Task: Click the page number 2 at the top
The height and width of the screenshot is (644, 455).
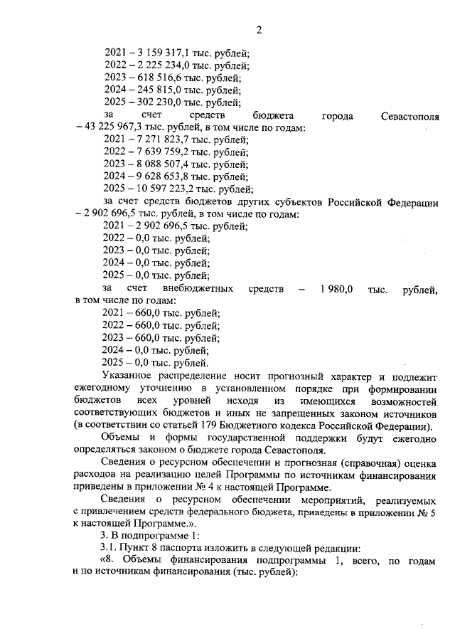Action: [x=259, y=30]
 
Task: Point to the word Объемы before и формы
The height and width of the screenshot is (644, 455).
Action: [x=123, y=438]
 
